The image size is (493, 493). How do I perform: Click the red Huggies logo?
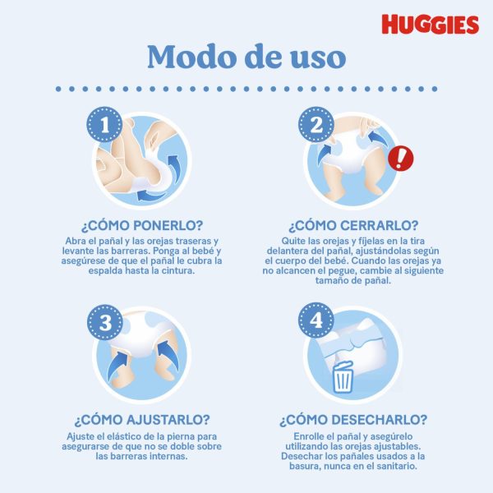[x=430, y=24]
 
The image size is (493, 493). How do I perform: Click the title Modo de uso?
[x=246, y=57]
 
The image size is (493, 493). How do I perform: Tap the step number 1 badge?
[x=104, y=125]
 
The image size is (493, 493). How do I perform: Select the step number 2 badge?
[x=316, y=125]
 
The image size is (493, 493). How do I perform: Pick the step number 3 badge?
[x=105, y=322]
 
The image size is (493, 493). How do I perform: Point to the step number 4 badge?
[x=316, y=320]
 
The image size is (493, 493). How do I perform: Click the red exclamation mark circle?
[x=401, y=159]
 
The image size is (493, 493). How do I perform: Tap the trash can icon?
[x=343, y=377]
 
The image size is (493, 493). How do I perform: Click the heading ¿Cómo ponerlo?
[x=142, y=225]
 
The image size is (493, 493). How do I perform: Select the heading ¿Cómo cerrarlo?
[x=353, y=225]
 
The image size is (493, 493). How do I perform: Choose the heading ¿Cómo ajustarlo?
[x=142, y=420]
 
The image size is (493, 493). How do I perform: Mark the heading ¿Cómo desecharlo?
[x=353, y=420]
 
